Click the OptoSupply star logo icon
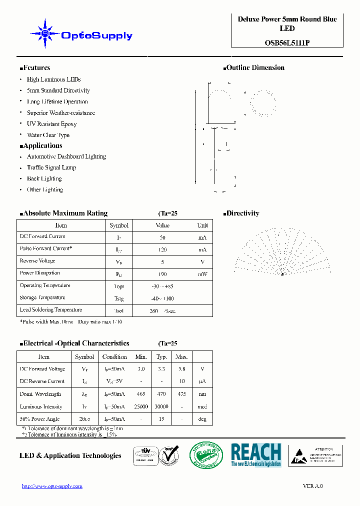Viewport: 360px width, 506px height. [45, 34]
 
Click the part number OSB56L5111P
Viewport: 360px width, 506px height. [287, 43]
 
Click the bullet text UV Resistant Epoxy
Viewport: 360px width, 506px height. [51, 124]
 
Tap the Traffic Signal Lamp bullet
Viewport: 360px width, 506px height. [51, 167]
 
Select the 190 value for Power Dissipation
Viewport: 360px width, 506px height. [162, 274]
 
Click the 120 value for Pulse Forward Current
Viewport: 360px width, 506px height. [162, 249]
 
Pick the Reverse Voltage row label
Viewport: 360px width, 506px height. [37, 261]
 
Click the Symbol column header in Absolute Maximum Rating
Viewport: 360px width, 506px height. [119, 225]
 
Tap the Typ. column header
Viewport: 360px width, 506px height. [161, 357]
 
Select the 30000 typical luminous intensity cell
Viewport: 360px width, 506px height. [161, 407]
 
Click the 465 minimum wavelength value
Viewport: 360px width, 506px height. [141, 394]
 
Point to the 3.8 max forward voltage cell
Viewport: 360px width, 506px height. [181, 369]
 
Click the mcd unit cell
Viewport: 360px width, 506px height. [202, 407]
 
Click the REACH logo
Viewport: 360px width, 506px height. [256, 455]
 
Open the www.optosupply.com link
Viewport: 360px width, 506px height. [52, 486]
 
